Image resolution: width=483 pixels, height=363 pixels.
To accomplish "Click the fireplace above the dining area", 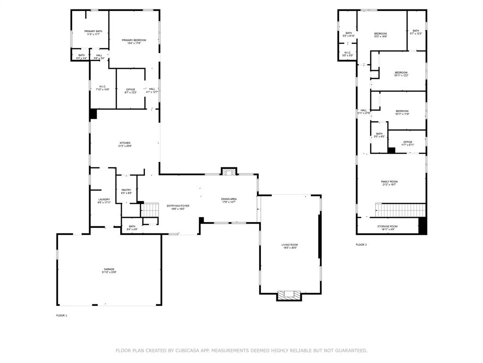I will pyautogui.click(x=229, y=172).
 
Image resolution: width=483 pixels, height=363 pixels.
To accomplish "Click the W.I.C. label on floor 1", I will pyautogui.click(x=102, y=87).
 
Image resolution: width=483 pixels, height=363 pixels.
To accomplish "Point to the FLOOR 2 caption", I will pyautogui.click(x=361, y=244).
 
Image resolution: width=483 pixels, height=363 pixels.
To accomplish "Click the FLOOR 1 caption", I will pyautogui.click(x=62, y=315).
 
